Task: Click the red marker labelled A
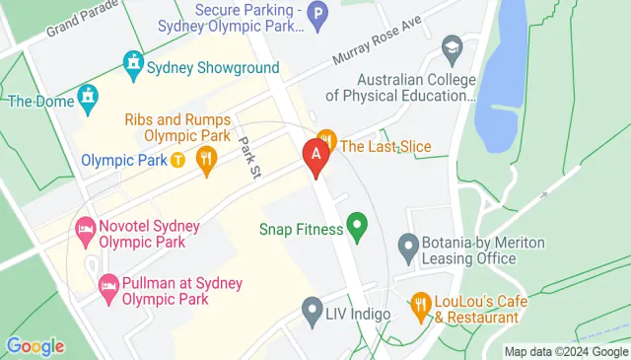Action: click(315, 156)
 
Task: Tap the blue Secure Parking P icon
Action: click(317, 14)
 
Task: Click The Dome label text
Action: click(37, 100)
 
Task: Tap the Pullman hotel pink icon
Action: click(108, 289)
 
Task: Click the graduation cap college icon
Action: click(452, 46)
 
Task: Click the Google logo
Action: click(35, 345)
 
